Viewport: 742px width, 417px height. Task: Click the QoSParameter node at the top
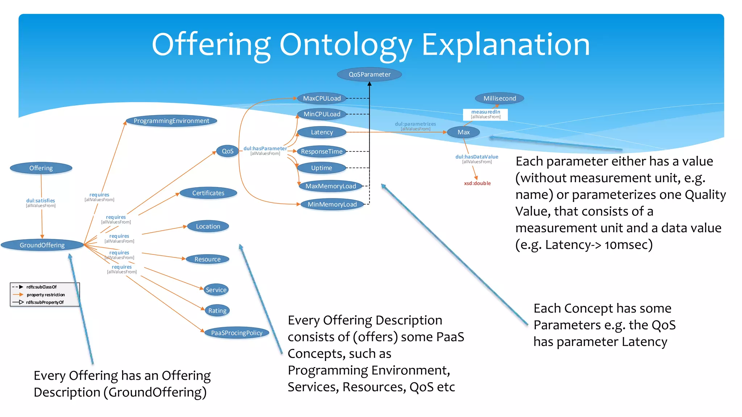tap(369, 75)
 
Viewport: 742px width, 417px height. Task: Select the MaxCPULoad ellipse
tap(322, 98)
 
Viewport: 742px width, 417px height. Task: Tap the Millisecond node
tap(499, 98)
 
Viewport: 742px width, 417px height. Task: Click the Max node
tap(463, 132)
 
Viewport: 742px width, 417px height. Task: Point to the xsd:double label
tap(477, 184)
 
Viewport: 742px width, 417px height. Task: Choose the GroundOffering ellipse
tap(42, 245)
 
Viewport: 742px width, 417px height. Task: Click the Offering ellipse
tap(41, 168)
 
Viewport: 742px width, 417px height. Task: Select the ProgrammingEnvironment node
tap(171, 121)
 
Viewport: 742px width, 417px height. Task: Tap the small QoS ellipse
tap(228, 151)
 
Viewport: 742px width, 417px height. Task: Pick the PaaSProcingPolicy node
tap(237, 333)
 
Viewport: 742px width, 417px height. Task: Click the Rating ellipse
tap(217, 311)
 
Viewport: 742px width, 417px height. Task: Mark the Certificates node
tap(208, 193)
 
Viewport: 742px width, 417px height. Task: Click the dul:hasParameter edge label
tap(265, 149)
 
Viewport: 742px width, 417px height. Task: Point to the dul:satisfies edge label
tap(41, 201)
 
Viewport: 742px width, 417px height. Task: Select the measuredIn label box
tap(485, 114)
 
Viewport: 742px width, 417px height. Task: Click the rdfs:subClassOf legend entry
tap(41, 287)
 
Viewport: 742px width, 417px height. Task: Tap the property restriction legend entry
tap(45, 295)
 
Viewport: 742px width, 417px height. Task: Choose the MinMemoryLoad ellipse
tap(332, 205)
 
